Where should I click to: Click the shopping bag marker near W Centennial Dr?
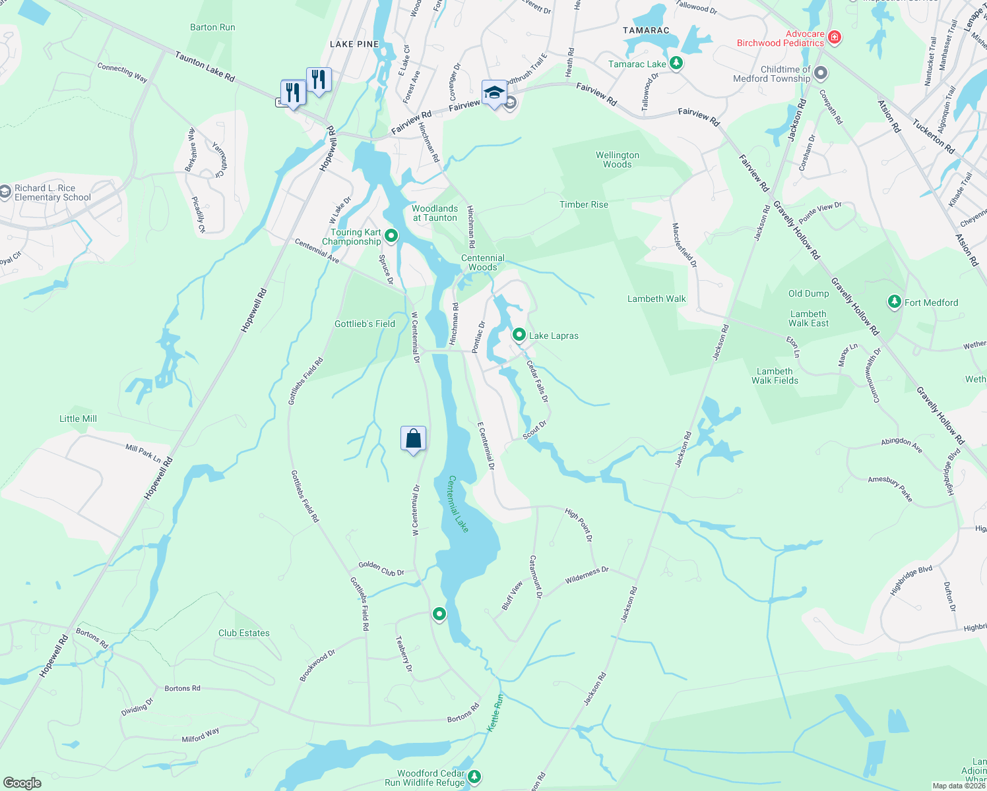pos(413,438)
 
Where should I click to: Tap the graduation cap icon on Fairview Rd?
pos(493,93)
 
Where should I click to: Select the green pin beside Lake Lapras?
pos(519,335)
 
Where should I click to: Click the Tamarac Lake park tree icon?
pos(676,63)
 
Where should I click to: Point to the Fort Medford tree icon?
pos(894,302)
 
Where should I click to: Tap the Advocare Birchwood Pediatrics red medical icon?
pos(834,37)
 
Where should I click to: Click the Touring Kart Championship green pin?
pos(391,235)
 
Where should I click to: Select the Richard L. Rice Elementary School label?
pos(52,192)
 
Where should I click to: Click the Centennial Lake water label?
pos(459,504)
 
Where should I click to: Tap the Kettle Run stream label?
pos(495,712)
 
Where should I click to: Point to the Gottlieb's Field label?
pos(365,324)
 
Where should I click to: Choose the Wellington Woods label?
pos(618,160)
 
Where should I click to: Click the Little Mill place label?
pos(78,419)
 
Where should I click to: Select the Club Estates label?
pos(244,633)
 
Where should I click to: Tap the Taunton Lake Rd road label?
pos(205,67)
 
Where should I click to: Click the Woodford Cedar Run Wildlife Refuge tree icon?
pos(474,777)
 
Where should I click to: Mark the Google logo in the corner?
pos(22,782)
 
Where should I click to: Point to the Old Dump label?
pos(808,293)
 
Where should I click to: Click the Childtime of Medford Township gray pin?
pos(820,73)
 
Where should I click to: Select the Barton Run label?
pos(212,27)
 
